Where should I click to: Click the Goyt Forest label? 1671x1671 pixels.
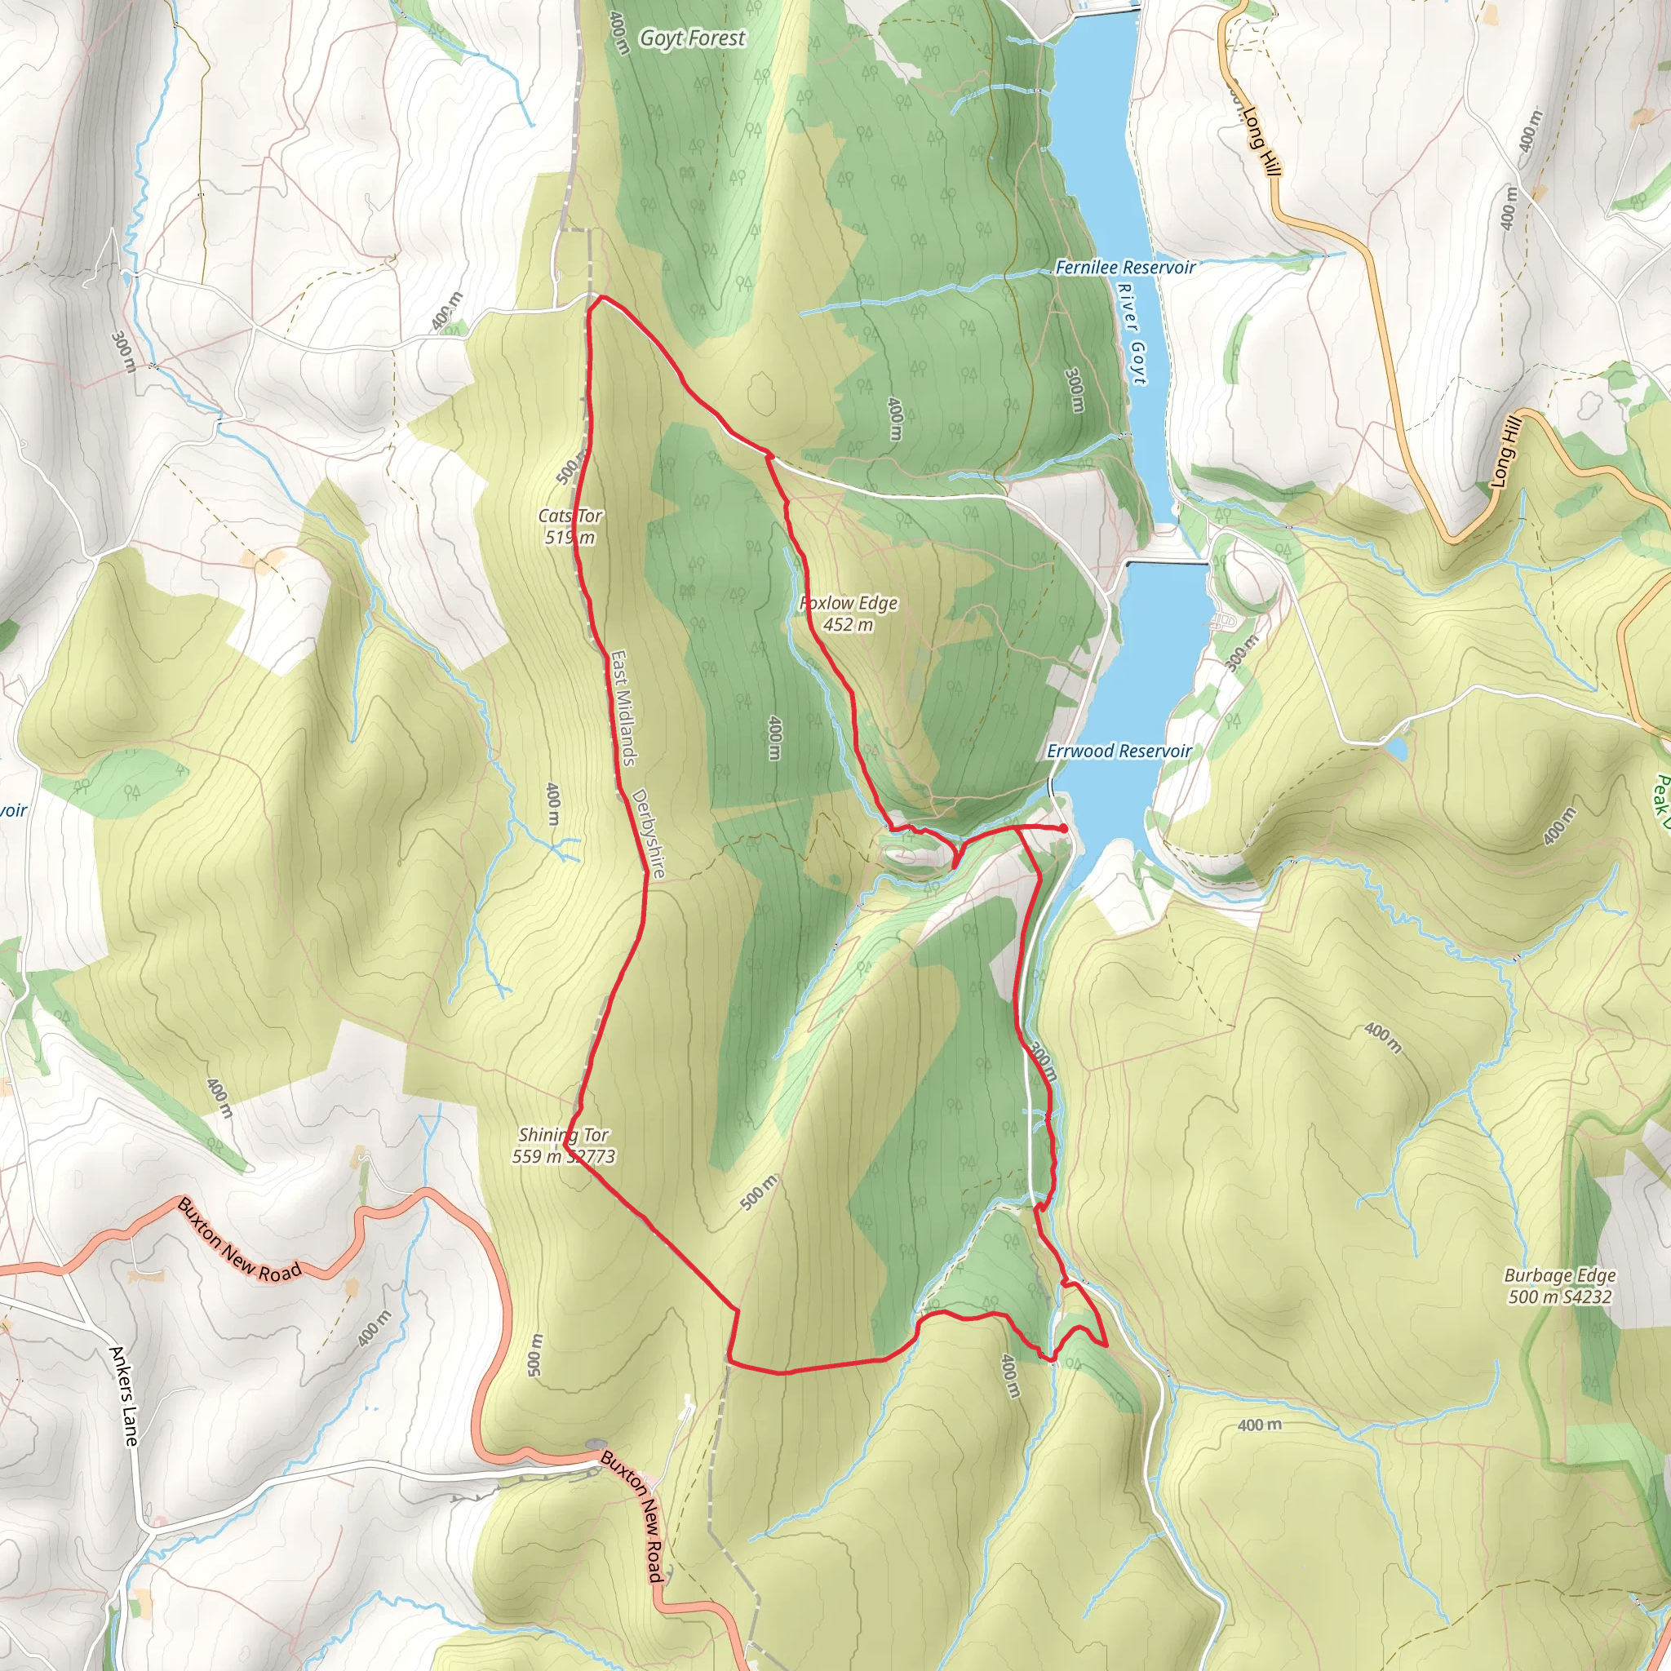(x=692, y=38)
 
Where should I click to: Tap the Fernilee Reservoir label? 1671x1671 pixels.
(x=1124, y=268)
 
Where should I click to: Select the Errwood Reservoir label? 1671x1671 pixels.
(x=1119, y=751)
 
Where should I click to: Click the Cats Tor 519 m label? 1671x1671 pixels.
(x=570, y=527)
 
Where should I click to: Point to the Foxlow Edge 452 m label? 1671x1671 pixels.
(x=849, y=614)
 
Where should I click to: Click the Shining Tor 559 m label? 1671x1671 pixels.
(x=563, y=1145)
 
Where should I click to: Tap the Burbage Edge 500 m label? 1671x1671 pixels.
(x=1559, y=1285)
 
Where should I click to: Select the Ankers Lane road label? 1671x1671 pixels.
(x=124, y=1395)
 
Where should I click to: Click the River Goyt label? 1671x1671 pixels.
(x=1132, y=334)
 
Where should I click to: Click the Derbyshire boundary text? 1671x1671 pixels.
(x=649, y=833)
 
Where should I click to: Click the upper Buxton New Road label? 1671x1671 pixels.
(x=240, y=1240)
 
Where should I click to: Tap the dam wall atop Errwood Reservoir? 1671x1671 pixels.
(x=1168, y=563)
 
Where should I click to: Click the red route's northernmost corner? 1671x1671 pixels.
(x=597, y=298)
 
